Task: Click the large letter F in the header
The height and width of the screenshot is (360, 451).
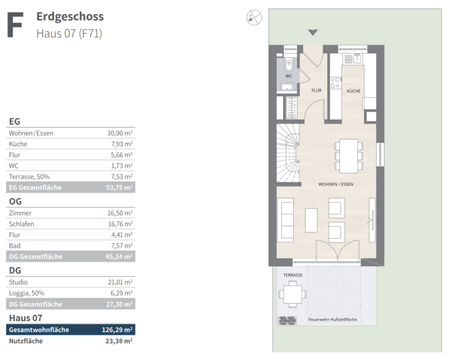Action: [15, 25]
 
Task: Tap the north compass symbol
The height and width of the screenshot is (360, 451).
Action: [254, 17]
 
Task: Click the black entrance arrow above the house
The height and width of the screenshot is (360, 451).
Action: [313, 32]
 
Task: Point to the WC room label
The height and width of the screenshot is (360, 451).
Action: [289, 76]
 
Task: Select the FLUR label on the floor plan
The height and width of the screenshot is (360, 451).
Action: [316, 90]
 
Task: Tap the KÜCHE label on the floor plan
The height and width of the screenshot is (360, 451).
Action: [353, 91]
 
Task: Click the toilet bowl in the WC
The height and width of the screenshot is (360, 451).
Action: [289, 65]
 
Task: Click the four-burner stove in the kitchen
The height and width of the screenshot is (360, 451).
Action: [335, 82]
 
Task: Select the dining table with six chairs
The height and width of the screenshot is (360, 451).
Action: [348, 156]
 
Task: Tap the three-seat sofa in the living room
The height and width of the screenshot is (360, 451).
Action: [286, 220]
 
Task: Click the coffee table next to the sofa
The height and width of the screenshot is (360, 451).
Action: [311, 220]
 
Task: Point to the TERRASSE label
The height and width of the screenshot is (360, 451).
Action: [293, 275]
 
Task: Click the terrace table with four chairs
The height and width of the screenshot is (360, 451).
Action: [293, 295]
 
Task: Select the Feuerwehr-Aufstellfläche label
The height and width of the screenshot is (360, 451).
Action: [333, 319]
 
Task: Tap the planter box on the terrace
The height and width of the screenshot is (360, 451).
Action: [287, 321]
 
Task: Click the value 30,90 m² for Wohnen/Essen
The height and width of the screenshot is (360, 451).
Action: [120, 133]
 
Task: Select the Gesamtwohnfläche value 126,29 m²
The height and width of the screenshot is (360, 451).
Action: [117, 330]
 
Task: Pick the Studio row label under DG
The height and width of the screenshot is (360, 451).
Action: [19, 282]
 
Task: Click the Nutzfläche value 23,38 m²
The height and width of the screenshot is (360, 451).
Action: [119, 341]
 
